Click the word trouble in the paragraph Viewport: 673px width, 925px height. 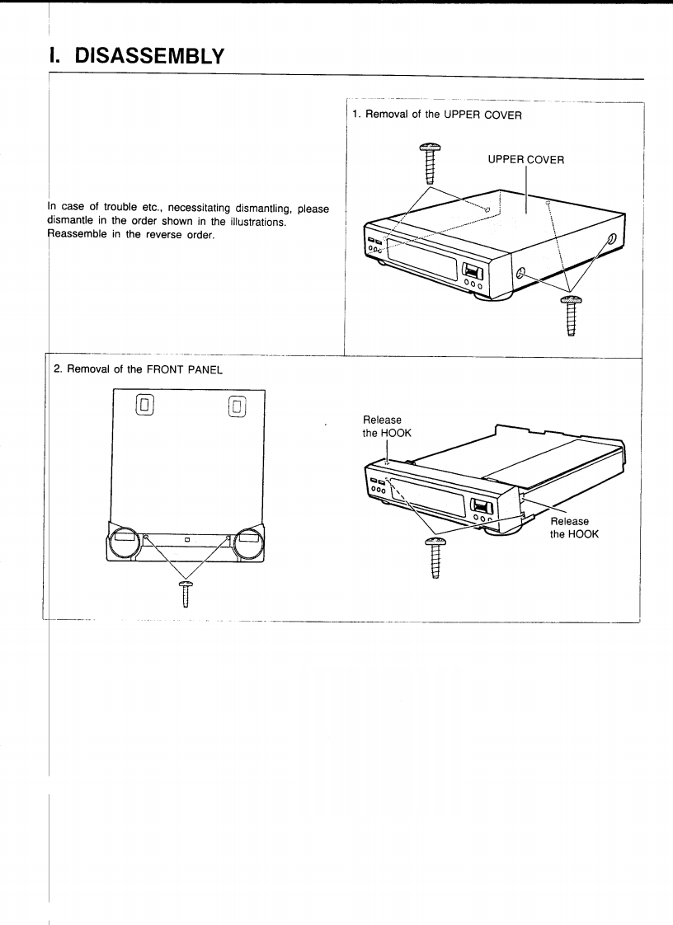tap(109, 206)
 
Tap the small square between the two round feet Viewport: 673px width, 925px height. tap(186, 540)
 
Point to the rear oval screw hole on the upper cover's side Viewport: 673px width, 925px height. tap(612, 240)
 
